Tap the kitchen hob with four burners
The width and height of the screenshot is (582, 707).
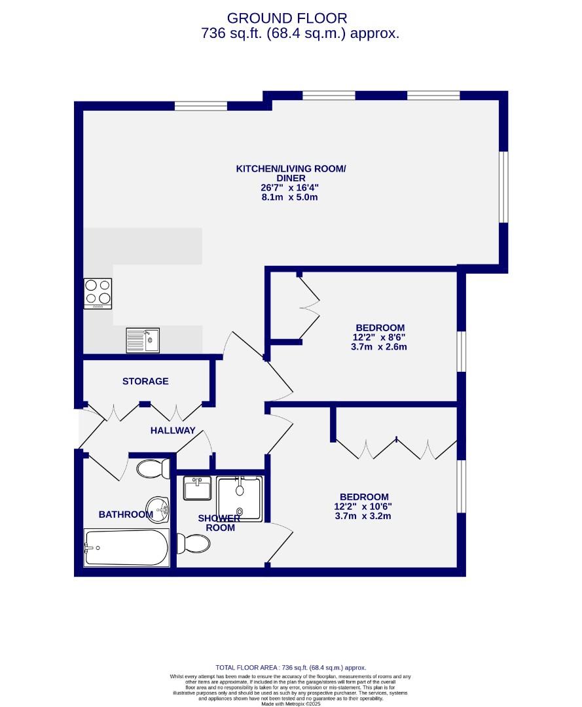click(x=98, y=293)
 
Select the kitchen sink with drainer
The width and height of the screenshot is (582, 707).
click(x=143, y=340)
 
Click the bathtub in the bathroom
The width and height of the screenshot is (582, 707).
click(x=126, y=547)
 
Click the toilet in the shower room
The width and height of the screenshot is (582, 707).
click(x=193, y=543)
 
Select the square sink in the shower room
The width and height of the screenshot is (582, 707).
click(x=197, y=488)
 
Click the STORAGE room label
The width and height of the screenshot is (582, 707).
click(x=145, y=381)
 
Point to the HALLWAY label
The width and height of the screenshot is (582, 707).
click(x=173, y=430)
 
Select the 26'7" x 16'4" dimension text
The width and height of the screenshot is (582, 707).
click(x=290, y=187)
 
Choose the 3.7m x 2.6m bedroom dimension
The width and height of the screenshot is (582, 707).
click(x=380, y=347)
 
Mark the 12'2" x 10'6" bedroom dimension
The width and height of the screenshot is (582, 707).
click(x=364, y=506)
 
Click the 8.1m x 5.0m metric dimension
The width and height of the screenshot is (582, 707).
click(x=290, y=196)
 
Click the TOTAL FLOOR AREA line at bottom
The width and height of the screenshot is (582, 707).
click(x=291, y=666)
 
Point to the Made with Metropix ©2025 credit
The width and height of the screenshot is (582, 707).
click(x=291, y=704)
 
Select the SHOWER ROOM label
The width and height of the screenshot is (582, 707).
click(x=220, y=523)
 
